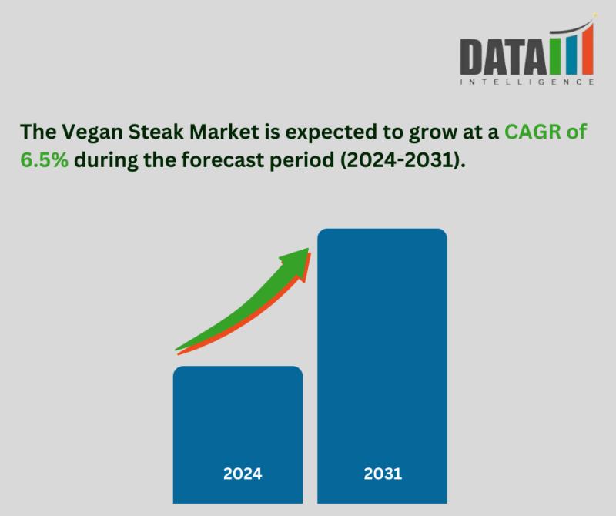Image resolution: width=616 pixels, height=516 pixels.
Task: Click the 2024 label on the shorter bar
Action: tap(243, 474)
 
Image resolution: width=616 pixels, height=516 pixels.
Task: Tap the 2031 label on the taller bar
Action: tap(383, 474)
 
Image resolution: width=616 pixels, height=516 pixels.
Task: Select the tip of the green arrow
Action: tap(309, 248)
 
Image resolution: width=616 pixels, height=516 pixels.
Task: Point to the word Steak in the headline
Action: tap(156, 131)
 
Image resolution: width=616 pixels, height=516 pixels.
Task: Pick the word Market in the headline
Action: tap(224, 131)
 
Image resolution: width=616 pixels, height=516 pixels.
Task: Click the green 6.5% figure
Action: tap(44, 160)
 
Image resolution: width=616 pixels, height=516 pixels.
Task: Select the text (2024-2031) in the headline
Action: tap(403, 160)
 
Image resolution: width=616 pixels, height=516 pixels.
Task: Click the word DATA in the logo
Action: tap(504, 56)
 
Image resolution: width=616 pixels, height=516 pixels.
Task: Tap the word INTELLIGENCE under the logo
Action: tap(527, 82)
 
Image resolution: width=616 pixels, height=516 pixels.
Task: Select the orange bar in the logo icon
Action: tap(588, 49)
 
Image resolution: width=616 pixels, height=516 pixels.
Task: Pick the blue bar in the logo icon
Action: tap(571, 55)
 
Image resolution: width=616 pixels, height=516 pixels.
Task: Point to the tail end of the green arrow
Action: tap(176, 350)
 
